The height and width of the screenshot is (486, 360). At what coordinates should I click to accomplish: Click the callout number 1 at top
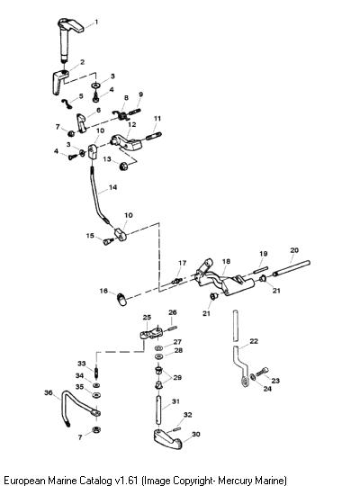tap(96, 22)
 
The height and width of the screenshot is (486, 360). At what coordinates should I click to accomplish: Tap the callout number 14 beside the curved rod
tap(112, 187)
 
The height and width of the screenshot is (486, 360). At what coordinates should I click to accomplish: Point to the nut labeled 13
tap(124, 166)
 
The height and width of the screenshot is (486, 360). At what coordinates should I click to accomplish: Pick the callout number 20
tap(294, 250)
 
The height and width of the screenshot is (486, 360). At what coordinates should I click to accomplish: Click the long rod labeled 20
tap(292, 268)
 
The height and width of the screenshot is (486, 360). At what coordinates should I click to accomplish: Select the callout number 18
tap(227, 261)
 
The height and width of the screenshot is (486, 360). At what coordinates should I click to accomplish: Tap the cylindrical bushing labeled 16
tap(121, 300)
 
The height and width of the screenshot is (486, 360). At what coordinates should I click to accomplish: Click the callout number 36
tap(49, 392)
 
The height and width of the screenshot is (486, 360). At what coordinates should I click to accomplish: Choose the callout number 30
tap(196, 434)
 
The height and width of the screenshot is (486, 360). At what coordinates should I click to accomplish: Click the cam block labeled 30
tap(167, 439)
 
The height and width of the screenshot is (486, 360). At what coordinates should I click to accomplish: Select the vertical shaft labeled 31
tap(158, 410)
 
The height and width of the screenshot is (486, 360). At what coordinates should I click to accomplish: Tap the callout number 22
tap(254, 341)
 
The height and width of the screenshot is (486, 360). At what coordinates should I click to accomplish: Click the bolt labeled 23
tap(262, 372)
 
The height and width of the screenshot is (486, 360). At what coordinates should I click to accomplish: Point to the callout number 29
tap(177, 377)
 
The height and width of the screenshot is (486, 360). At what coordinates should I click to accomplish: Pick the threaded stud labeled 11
tap(154, 136)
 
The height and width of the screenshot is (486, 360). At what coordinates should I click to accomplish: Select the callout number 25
tap(147, 317)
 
